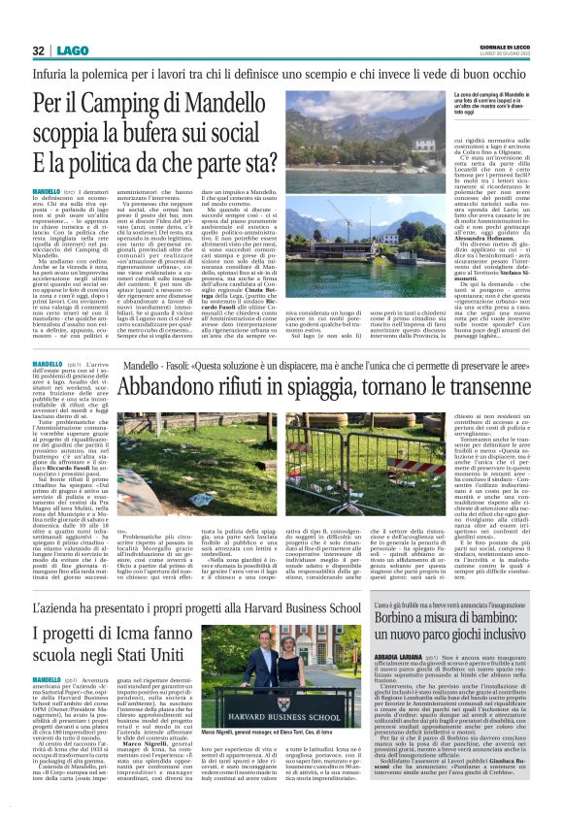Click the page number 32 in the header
pyautogui.click(x=38, y=49)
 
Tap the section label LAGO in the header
pyautogui.click(x=71, y=49)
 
